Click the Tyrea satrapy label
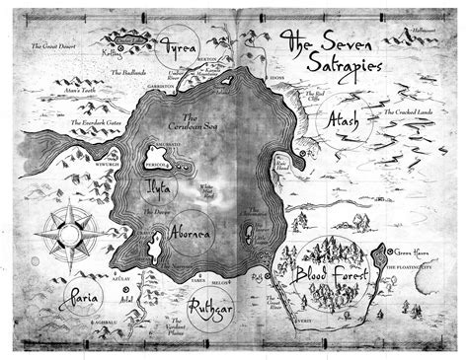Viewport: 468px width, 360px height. pos(182,47)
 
